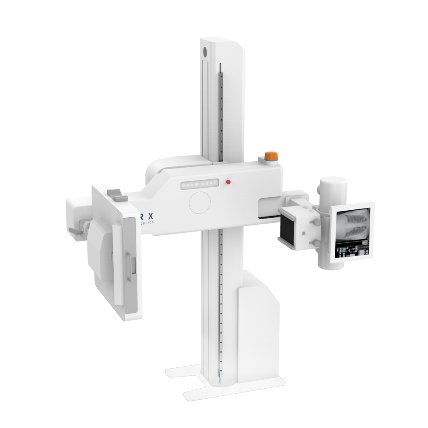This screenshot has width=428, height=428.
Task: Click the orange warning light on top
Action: (x=270, y=156)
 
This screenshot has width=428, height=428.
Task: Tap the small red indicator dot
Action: (x=228, y=182)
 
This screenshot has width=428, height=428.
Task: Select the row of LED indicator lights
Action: (x=199, y=184)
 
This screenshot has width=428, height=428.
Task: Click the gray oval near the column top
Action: (x=205, y=52)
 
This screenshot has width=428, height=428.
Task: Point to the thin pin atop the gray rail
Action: (x=219, y=67)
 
